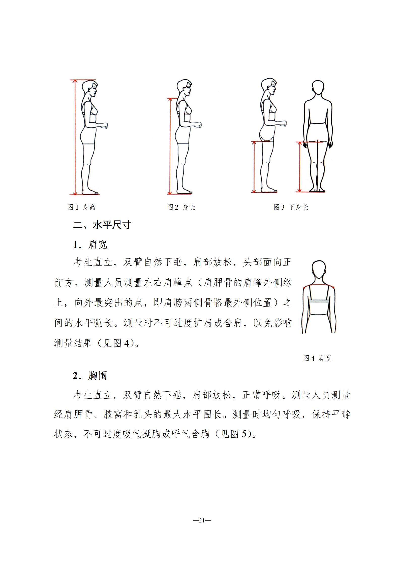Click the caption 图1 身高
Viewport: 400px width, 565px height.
click(81, 207)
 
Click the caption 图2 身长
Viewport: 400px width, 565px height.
click(181, 207)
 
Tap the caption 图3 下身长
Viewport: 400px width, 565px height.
click(291, 207)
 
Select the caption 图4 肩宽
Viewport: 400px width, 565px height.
click(317, 358)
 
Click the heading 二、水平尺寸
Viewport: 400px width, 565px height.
click(102, 225)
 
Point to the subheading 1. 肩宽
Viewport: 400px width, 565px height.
click(90, 244)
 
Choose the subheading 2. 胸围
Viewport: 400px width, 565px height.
click(90, 375)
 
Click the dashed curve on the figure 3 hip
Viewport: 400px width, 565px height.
click(267, 138)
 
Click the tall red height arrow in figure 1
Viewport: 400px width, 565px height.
click(75, 137)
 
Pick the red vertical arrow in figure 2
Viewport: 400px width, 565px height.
click(170, 146)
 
